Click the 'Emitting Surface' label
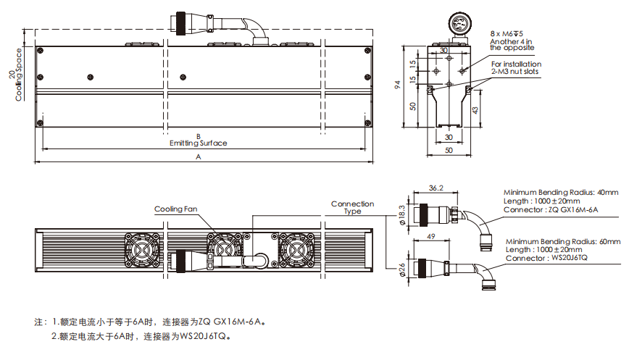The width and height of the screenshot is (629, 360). (198, 143)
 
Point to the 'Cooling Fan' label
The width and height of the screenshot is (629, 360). (175, 209)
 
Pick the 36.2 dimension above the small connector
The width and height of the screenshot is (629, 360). (436, 188)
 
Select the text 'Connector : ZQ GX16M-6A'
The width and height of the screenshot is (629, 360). (551, 209)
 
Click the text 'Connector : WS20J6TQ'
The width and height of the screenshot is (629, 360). (546, 258)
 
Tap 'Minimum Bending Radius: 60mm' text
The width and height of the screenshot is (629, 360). (563, 240)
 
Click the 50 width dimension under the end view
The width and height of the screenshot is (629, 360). (449, 150)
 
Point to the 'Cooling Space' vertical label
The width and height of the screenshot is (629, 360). (19, 75)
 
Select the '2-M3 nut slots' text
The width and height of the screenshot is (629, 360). (515, 72)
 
